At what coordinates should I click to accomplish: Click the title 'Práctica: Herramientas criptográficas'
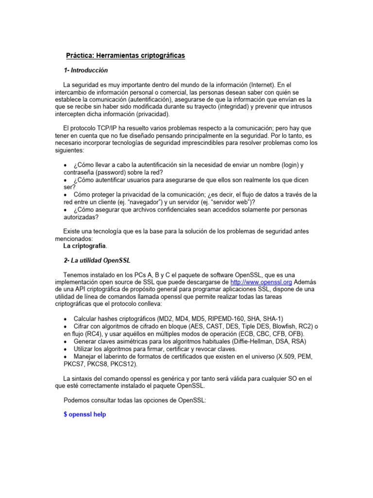125,56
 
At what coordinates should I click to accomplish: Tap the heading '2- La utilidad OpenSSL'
97,260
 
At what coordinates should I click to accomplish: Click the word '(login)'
287,165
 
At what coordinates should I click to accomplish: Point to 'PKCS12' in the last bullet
125,364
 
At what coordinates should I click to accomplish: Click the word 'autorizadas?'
81,217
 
